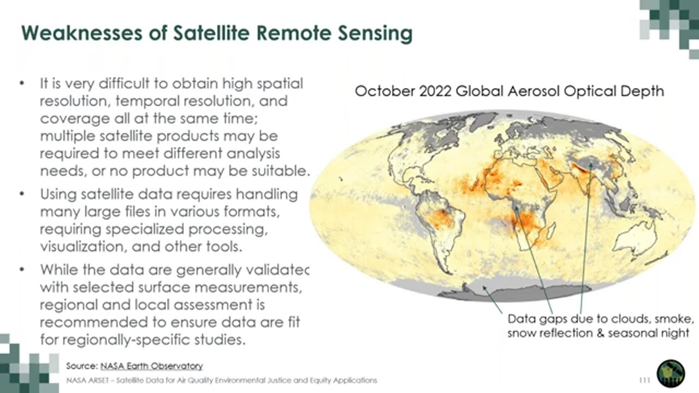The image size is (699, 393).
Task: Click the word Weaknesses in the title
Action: [82, 33]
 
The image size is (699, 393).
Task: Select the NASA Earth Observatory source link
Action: [151, 366]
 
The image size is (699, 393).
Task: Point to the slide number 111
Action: [645, 380]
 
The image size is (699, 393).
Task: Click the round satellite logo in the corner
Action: [671, 373]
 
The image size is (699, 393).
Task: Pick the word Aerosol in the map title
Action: [534, 91]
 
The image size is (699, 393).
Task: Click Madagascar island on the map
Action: [551, 231]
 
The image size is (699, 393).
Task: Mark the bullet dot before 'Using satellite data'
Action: [22, 194]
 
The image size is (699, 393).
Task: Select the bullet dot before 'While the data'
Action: [22, 270]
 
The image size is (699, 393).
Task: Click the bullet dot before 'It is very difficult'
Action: [22, 84]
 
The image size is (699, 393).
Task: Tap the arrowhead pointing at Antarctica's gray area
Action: [484, 288]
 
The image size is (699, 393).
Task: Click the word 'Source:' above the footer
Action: [82, 366]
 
